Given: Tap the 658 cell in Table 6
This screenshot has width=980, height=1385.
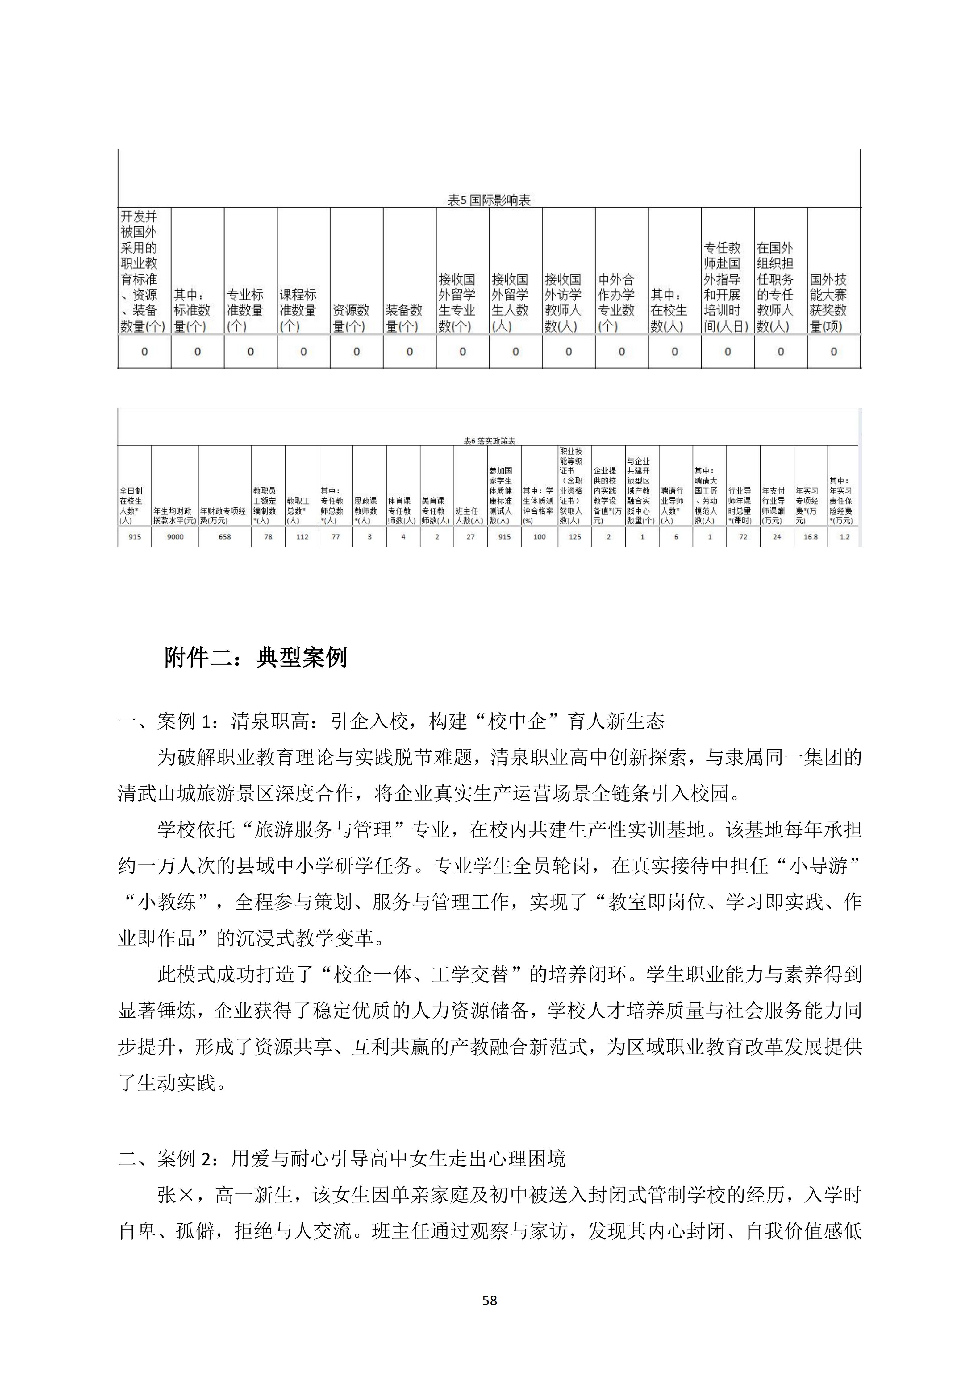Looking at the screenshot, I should tap(224, 536).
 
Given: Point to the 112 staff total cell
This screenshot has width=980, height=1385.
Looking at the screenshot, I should tap(302, 536).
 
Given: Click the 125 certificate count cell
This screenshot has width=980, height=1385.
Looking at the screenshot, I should tap(574, 536).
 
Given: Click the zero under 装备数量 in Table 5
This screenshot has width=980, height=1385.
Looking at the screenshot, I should tap(409, 352).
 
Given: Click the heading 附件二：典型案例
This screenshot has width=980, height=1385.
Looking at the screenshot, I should tap(256, 658).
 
